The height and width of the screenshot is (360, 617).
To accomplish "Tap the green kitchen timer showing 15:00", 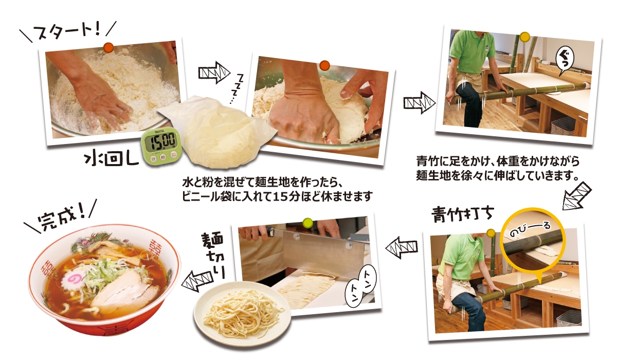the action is pos(161,146).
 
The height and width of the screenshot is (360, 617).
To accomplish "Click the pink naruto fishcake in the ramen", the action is pos(73,280).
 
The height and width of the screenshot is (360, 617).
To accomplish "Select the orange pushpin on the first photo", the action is pos(108,48).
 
